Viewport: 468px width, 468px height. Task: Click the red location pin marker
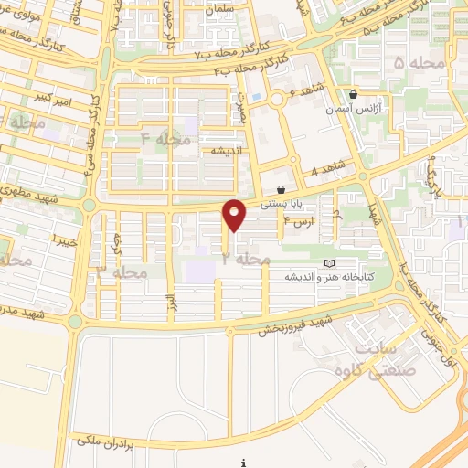pos(236,215)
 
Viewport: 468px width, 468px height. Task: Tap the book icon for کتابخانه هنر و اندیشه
pos(330,264)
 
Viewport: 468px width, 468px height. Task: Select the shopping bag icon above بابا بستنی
pos(293,189)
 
